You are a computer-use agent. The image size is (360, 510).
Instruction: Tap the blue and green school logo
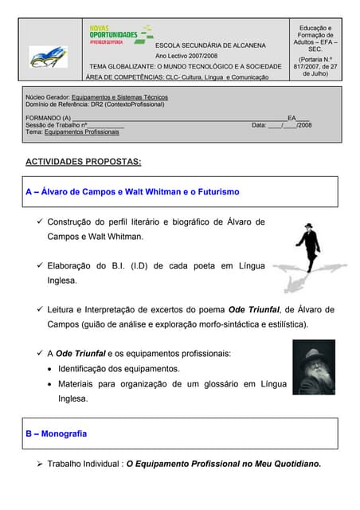coord(49,57)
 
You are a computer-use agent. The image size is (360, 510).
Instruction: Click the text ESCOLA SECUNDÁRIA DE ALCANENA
coord(210,45)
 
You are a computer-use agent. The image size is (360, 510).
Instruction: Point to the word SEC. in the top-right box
coord(315,49)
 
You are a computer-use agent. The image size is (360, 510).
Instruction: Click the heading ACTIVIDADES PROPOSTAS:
coord(84,162)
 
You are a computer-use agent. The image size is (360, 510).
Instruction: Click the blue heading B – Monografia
coord(56,434)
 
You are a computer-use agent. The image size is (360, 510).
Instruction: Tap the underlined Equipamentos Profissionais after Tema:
coord(81,131)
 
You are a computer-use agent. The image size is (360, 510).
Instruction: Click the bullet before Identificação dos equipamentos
coord(50,369)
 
